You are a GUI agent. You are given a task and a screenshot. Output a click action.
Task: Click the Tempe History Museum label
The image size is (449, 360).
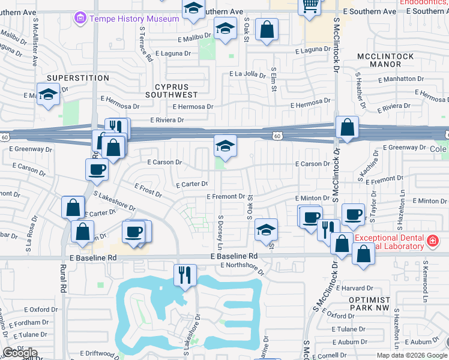tap(134, 19)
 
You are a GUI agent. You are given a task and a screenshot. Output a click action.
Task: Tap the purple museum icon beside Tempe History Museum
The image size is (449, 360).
tap(80, 19)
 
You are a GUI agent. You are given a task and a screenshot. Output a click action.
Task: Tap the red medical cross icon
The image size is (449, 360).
tap(432, 241)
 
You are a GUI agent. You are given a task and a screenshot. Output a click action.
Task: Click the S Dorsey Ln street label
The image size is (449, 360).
tap(220, 233)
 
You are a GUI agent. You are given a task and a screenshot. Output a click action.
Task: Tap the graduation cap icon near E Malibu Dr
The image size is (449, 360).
tap(225, 29)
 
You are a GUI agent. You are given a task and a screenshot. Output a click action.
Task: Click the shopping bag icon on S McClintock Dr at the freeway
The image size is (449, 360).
tap(347, 127)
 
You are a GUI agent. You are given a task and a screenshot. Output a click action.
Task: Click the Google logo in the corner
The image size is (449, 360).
tap(20, 353)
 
